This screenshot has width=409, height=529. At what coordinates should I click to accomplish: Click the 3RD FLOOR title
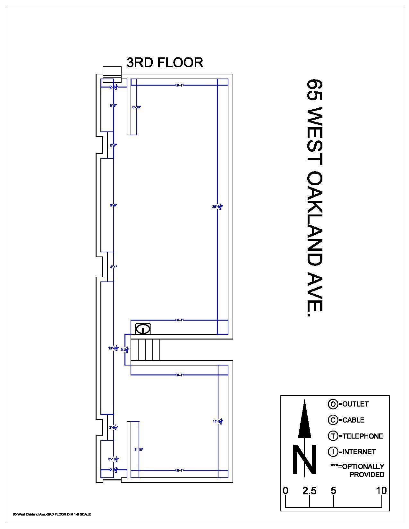pos(165,63)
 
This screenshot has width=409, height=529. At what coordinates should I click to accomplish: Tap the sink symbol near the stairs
pos(143,329)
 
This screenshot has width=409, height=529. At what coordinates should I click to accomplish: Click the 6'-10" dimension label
pos(136,107)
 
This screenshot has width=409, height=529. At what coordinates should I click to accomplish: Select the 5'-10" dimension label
pos(139,449)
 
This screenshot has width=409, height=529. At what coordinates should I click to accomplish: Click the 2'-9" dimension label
pos(113,145)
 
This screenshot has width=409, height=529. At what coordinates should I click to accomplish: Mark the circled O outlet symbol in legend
pos(333,404)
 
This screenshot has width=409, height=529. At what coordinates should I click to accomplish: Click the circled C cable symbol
pos(333,420)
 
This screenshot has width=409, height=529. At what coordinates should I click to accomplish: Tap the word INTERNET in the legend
pos(359,452)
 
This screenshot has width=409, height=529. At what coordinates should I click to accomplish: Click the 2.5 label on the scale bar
pos(309,491)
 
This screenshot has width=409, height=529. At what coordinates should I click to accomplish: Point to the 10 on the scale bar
pos(381,491)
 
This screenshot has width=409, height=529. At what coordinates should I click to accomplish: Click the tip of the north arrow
pos(304,400)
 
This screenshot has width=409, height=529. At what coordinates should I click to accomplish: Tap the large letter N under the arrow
pos(304,459)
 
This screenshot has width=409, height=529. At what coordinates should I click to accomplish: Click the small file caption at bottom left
pos(52,514)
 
